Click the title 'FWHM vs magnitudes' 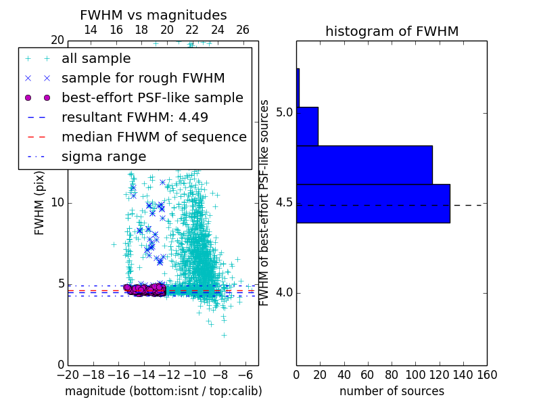154,15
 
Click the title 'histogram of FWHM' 392,31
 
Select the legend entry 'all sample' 96,59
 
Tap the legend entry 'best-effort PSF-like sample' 152,97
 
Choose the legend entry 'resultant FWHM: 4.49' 135,117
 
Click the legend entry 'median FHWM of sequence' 154,137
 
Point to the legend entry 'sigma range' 103,156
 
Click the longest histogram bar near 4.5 373,203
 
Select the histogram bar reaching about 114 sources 364,164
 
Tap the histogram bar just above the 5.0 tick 307,126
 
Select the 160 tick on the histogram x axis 487,374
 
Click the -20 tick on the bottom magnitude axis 68,374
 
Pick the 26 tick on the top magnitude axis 243,30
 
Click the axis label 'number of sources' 392,391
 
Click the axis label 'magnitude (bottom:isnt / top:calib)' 163,391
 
